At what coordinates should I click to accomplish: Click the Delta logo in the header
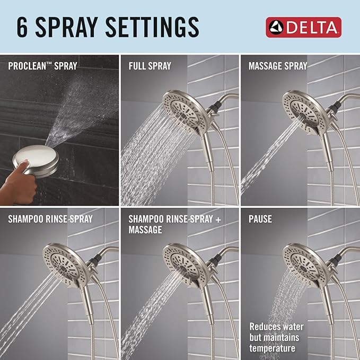[303, 27]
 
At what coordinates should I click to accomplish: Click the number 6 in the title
[23, 27]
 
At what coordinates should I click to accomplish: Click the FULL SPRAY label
[150, 66]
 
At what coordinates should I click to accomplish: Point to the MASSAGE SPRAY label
[278, 66]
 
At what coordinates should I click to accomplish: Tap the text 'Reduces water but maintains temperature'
[275, 337]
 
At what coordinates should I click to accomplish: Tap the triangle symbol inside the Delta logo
[275, 27]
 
